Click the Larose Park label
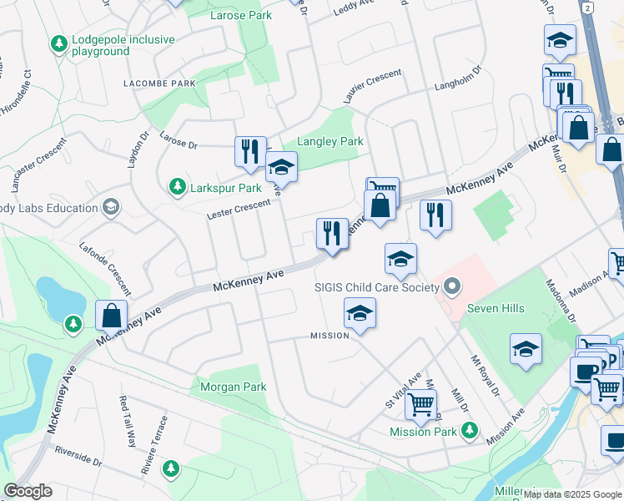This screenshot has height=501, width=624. tap(242, 15)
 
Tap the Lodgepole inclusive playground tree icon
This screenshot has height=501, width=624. tap(58, 43)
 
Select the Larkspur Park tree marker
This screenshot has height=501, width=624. tap(177, 186)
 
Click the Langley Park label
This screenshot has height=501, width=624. tap(330, 141)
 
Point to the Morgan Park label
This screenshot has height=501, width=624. tap(233, 387)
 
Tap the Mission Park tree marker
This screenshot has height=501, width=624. tap(470, 430)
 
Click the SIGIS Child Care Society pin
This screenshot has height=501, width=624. tap(452, 288)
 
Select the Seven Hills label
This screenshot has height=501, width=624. tap(496, 308)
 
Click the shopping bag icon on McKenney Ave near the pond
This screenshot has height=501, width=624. tap(111, 316)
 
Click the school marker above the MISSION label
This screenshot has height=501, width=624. tap(360, 313)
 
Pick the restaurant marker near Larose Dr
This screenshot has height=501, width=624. tap(250, 152)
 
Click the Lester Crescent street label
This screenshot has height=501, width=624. tap(239, 210)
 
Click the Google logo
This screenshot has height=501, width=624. tap(28, 491)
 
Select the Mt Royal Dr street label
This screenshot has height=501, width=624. tap(484, 376)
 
